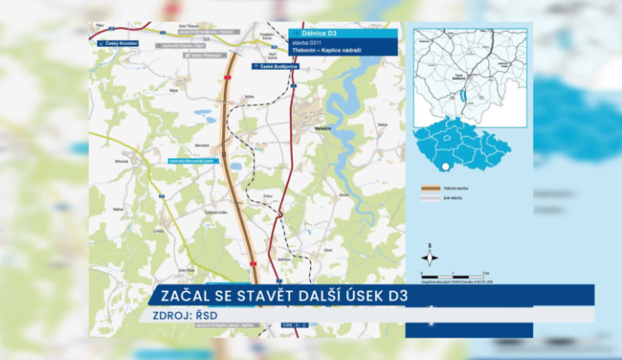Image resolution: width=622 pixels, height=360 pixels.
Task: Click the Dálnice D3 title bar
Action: pos(343,34)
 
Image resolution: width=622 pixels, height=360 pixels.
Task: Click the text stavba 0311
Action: pos(307,42)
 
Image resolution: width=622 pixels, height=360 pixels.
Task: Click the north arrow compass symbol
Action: pos(430,255)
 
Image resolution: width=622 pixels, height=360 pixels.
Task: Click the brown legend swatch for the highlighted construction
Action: pos(430,188)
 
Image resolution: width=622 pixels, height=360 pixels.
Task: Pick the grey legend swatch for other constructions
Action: pos(430,197)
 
